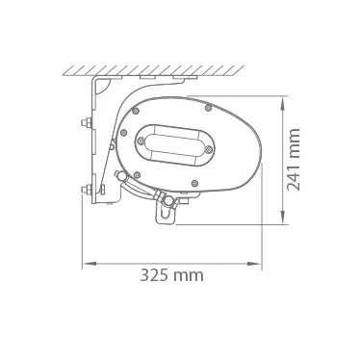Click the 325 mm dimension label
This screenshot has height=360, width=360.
coord(171,275)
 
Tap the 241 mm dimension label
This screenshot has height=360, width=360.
coord(293,160)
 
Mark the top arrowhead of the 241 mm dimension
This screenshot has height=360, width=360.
coord(282,103)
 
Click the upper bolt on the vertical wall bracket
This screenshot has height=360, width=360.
coord(86,122)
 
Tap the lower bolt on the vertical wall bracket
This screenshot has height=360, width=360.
coord(86,190)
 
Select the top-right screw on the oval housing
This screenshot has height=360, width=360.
coord(208,108)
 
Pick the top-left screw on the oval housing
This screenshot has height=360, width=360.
coord(136,111)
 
